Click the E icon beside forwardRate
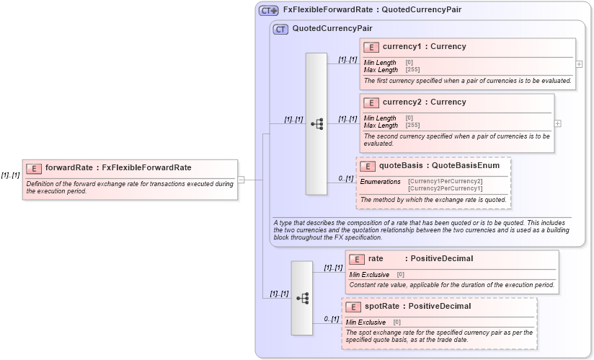coord(33,168)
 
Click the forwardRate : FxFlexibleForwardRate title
coord(118,167)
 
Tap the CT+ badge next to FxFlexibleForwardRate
coord(269,10)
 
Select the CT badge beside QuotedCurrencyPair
coord(280,29)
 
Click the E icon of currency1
coord(371,47)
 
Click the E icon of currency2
coord(371,102)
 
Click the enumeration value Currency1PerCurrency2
coord(445,181)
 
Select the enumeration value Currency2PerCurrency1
coord(445,188)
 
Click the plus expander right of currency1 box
coord(579,63)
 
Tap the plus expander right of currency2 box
coord(557,123)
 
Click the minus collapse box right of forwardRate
coord(241,180)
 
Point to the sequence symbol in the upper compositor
coord(316,123)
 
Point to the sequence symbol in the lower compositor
coord(302,297)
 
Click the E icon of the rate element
coord(357,259)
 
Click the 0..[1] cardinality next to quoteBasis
coord(346,178)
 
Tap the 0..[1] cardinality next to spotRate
coord(332,319)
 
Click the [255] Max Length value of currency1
coord(412,70)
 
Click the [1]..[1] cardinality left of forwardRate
coord(10,175)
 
